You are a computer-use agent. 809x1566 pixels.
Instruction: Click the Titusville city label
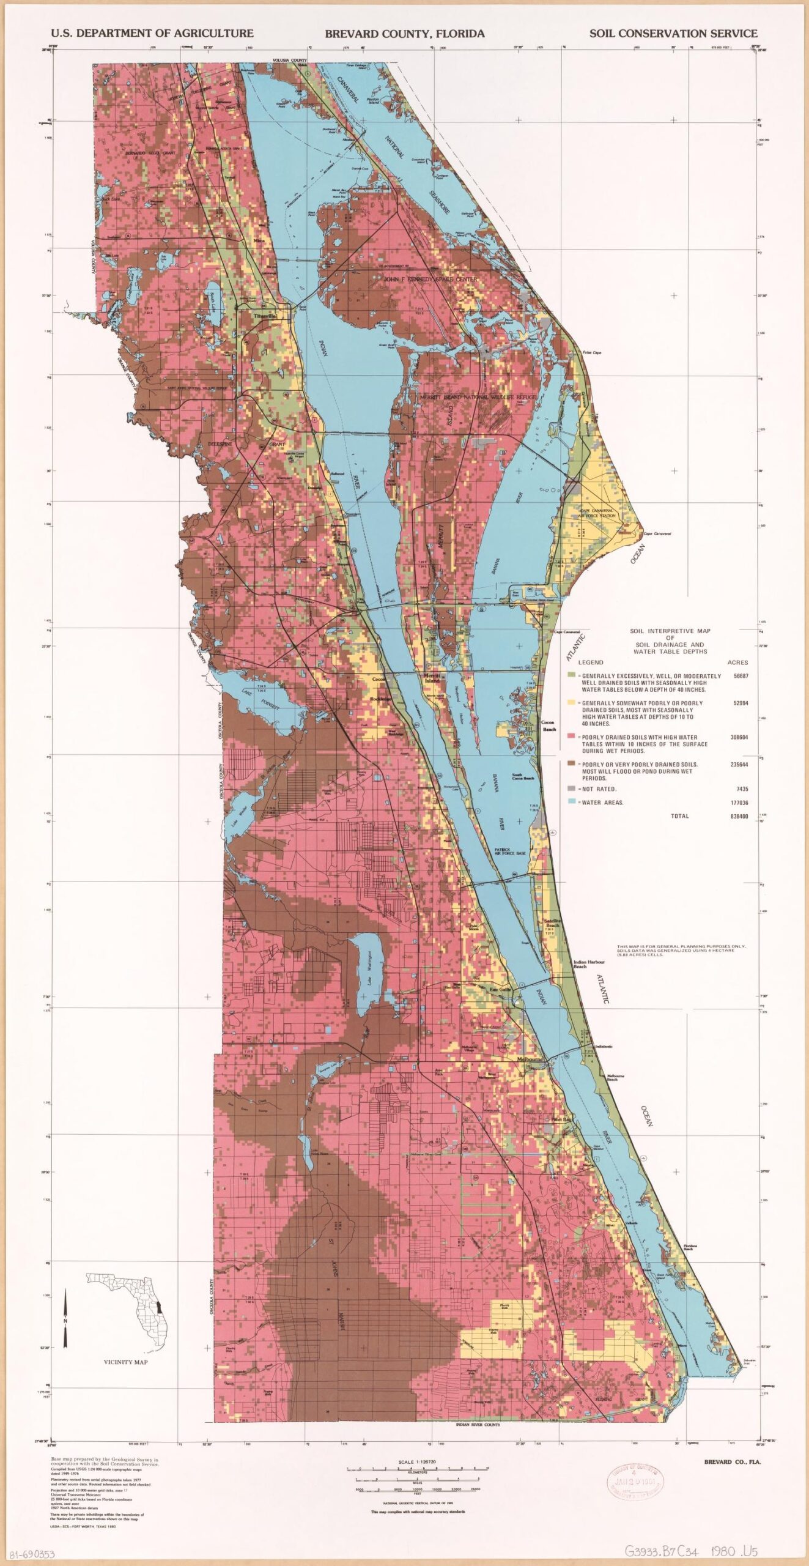pos(265,316)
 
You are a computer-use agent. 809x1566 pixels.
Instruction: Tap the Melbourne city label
pos(530,1059)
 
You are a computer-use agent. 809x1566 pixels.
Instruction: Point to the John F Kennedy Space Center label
pos(430,279)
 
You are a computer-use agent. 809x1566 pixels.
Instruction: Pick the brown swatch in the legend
pos(571,764)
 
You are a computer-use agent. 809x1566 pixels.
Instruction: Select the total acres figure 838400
pos(739,816)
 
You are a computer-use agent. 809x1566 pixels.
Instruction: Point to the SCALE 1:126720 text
pos(417,1462)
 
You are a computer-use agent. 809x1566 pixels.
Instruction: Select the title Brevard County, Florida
pos(404,34)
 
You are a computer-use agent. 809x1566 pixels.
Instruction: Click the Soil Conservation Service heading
pos(673,34)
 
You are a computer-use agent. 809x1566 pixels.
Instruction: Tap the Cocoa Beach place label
pos(549,725)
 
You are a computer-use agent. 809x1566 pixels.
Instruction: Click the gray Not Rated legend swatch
pos(571,789)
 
